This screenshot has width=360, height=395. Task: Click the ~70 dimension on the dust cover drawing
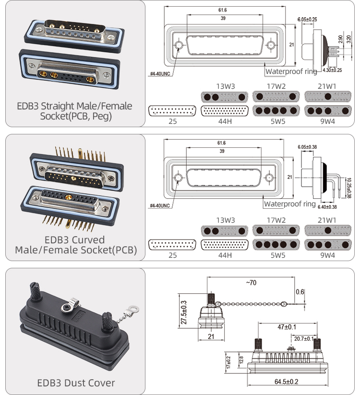251,283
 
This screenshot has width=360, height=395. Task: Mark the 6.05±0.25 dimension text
307,19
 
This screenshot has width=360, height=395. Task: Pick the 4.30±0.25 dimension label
332,71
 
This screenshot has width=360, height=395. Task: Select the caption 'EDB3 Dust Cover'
76,383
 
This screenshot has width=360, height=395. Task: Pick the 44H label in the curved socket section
225,255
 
